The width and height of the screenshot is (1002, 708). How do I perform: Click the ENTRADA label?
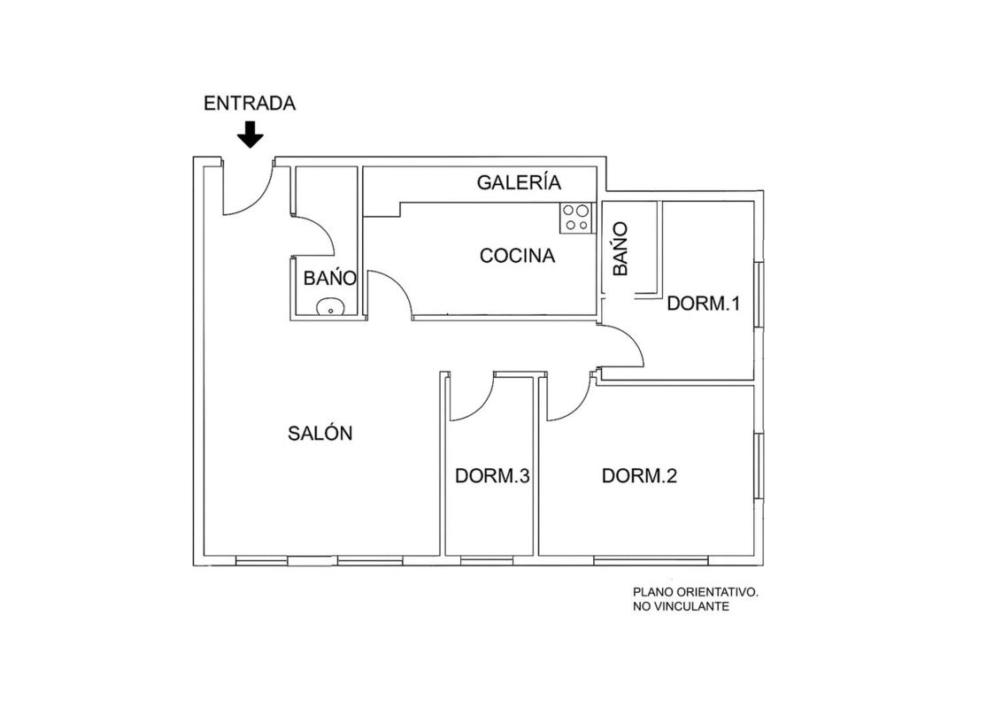(x=250, y=104)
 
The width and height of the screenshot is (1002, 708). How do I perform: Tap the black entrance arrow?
(x=250, y=135)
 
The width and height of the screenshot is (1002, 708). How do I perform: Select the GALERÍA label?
(x=519, y=182)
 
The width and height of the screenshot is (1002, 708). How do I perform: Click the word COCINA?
(x=517, y=256)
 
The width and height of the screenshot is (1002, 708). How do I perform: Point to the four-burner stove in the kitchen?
(x=575, y=217)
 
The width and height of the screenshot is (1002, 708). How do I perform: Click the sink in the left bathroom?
(x=330, y=307)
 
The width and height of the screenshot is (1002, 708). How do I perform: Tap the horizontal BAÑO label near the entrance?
(x=330, y=278)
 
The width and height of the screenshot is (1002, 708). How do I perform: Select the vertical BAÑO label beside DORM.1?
(x=620, y=249)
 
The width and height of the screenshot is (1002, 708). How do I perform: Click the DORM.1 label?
(x=703, y=303)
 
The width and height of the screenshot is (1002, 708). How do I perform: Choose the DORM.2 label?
(x=639, y=475)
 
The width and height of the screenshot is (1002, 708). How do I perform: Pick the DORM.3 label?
(x=493, y=476)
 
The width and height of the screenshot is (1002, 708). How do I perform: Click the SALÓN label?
(x=320, y=434)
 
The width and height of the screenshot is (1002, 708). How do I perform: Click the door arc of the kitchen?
(x=400, y=284)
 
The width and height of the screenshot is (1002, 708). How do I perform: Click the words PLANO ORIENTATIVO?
(x=695, y=592)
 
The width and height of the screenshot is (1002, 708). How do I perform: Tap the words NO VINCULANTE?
(x=681, y=606)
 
